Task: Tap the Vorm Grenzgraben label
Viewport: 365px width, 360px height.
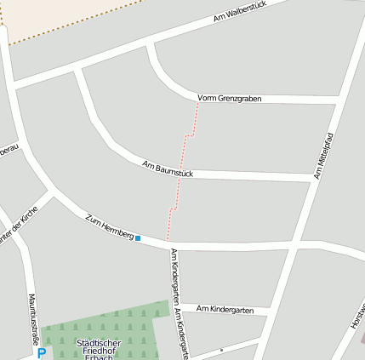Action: tap(229, 99)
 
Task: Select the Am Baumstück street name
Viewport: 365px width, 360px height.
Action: tap(168, 169)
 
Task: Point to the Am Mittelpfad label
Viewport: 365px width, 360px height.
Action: tap(322, 156)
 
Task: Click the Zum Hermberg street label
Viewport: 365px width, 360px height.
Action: tap(110, 226)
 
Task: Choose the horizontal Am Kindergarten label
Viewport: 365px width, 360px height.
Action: tap(225, 310)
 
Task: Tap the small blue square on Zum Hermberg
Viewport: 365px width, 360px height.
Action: tap(138, 238)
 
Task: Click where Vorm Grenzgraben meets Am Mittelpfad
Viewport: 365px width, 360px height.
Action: tap(335, 101)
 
